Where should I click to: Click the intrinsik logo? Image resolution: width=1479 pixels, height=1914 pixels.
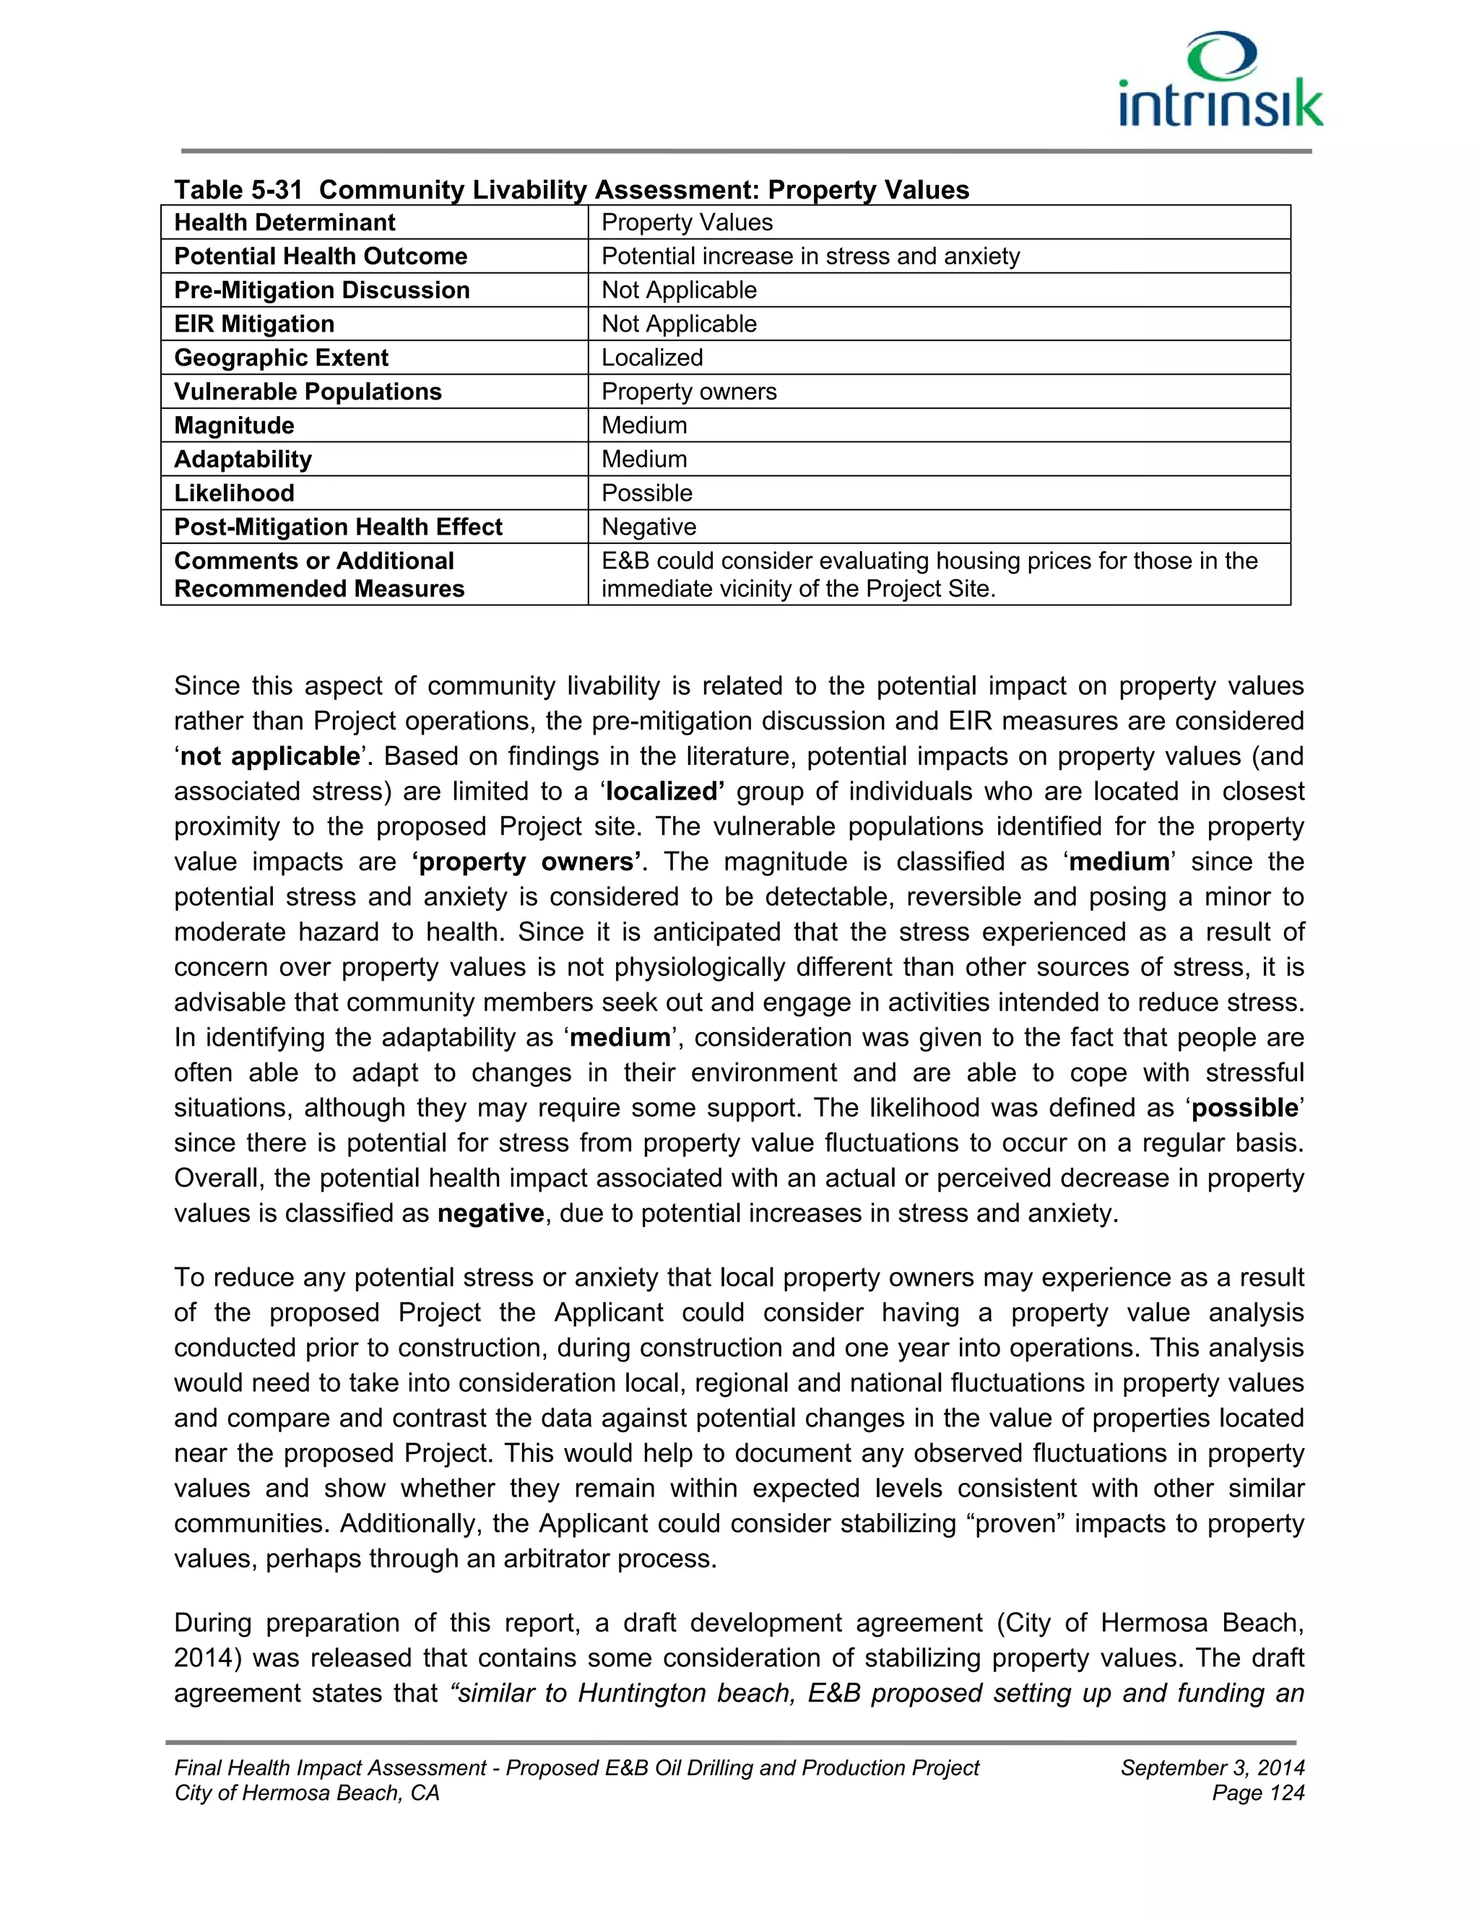point(1220,81)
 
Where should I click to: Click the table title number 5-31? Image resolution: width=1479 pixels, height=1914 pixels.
point(275,190)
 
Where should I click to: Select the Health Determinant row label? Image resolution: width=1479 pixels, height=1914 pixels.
point(285,222)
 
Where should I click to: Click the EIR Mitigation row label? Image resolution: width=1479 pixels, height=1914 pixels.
point(254,324)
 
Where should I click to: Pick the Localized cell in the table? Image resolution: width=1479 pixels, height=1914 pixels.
point(652,358)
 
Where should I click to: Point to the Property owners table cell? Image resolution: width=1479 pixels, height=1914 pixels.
point(689,391)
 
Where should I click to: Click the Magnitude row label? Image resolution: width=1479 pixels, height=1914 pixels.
point(234,426)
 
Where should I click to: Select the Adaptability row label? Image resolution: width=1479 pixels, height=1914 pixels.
point(243,459)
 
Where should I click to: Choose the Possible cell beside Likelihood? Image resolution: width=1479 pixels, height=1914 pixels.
point(646,493)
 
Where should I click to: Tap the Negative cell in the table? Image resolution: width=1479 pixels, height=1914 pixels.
point(649,527)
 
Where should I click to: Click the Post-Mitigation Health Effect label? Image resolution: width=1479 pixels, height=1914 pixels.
point(338,527)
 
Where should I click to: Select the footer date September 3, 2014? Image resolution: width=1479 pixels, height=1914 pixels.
point(1212,1767)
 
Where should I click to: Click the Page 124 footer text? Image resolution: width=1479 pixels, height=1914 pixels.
point(1257,1793)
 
